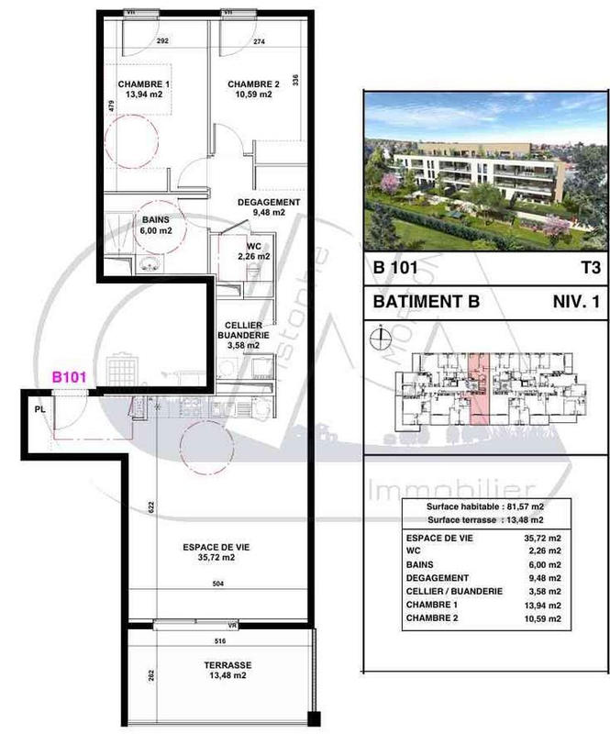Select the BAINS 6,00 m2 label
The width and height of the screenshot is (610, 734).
(155, 226)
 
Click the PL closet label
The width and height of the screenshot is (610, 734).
(39, 410)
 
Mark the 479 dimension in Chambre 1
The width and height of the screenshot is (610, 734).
(111, 106)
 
